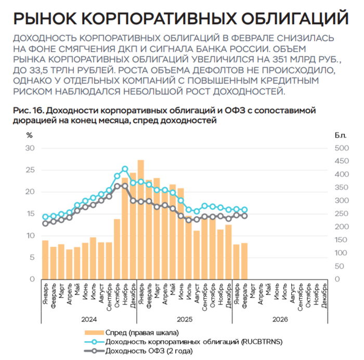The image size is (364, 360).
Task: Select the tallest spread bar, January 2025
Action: pyautogui.click(x=140, y=218)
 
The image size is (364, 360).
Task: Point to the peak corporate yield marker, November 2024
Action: pyautogui.click(x=125, y=169)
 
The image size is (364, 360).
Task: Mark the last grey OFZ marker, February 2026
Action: pyautogui.click(x=244, y=216)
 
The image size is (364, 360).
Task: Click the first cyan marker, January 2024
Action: pyautogui.click(x=45, y=217)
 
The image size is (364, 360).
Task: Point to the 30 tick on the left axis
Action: pyautogui.click(x=30, y=148)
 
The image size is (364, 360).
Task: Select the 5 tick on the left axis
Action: pyautogui.click(x=32, y=257)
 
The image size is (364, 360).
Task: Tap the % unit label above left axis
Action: pyautogui.click(x=29, y=135)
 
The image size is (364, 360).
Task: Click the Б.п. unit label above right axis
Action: pyautogui.click(x=341, y=135)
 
